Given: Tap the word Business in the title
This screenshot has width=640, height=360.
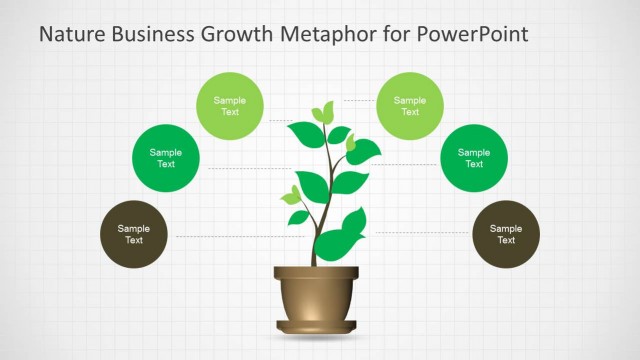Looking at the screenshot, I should coord(156,35).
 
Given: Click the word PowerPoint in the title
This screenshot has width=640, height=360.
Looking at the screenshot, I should coord(469,35).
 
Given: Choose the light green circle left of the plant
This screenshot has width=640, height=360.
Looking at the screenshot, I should coord(230,105).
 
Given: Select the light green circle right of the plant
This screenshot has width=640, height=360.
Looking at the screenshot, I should coord(410,105).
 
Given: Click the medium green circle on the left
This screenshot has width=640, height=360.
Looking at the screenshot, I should coord(166,158).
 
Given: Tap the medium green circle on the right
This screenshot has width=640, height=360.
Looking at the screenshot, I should coord(474,158).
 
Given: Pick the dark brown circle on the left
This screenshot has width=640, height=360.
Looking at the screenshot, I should coord(134,234).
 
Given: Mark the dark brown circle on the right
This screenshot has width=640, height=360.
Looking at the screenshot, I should coord(506,234).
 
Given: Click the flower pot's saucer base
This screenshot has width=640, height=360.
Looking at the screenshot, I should coord(315,327).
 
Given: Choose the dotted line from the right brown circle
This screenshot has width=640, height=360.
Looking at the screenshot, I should coord(420,232).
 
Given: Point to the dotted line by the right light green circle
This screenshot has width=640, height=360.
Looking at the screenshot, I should coord(360,101).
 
